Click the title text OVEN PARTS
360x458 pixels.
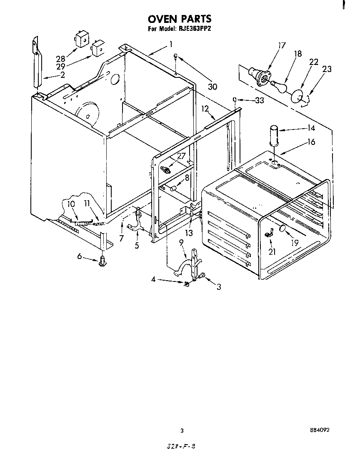[180, 19]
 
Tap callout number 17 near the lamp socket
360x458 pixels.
[282, 45]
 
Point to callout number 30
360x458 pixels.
[213, 87]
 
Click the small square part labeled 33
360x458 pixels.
[235, 100]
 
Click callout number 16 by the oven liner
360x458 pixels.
[311, 142]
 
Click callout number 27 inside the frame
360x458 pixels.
[181, 156]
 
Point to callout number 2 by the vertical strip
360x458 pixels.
[62, 75]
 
